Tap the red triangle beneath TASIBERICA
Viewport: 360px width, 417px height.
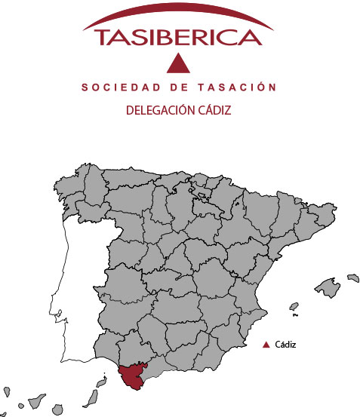click(x=178, y=64)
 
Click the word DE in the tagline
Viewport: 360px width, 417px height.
click(x=178, y=88)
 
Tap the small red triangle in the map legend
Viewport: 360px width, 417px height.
click(x=266, y=345)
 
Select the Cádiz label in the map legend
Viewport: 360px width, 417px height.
click(x=285, y=345)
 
